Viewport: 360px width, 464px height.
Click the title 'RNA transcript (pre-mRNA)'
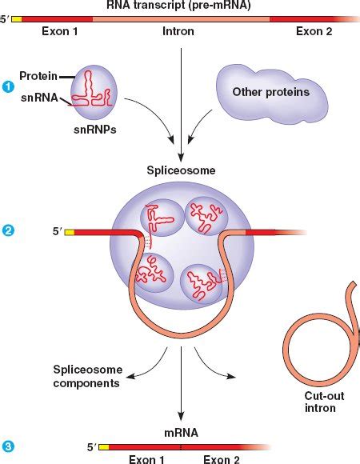click(180, 6)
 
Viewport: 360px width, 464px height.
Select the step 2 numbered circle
click(8, 232)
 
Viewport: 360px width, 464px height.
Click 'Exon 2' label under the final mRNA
click(221, 459)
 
